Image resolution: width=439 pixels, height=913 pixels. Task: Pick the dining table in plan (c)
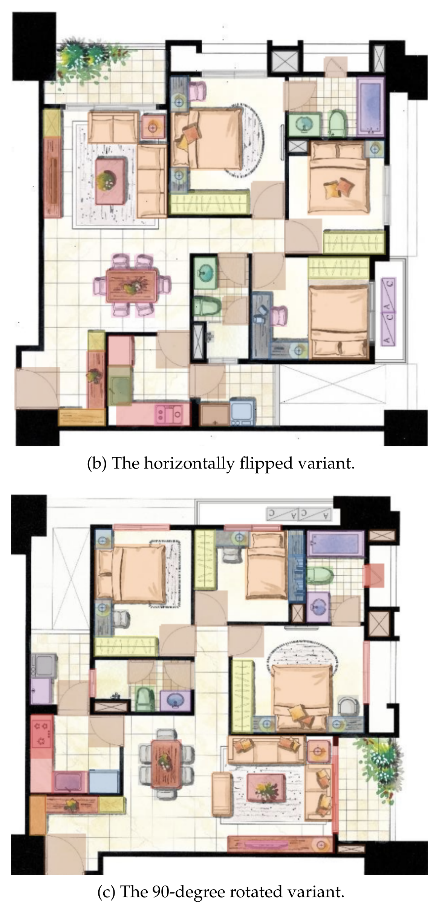166,764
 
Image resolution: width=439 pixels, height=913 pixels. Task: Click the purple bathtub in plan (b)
371,106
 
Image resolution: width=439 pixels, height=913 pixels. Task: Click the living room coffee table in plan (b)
110,182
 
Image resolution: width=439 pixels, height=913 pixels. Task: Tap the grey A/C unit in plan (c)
299,513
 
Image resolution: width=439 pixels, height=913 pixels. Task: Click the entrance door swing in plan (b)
37,388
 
